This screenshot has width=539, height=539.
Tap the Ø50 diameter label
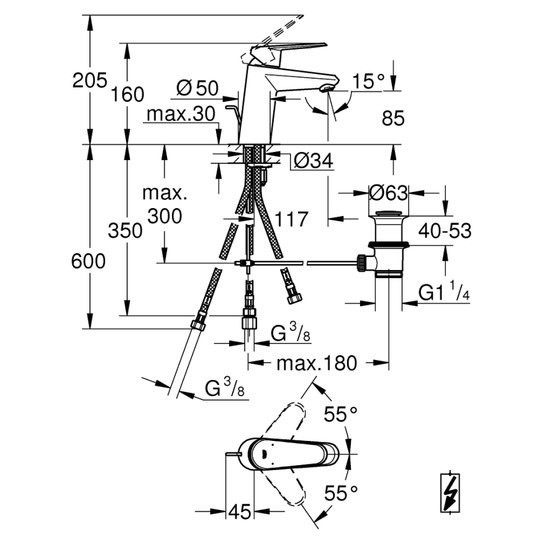coord(197,89)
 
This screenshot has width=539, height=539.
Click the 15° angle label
coord(369,81)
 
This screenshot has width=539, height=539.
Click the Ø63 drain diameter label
coord(388,193)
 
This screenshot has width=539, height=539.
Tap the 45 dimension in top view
coord(239,512)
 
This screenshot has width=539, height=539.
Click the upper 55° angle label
coord(342,414)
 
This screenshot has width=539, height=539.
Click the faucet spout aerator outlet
coord(324,91)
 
